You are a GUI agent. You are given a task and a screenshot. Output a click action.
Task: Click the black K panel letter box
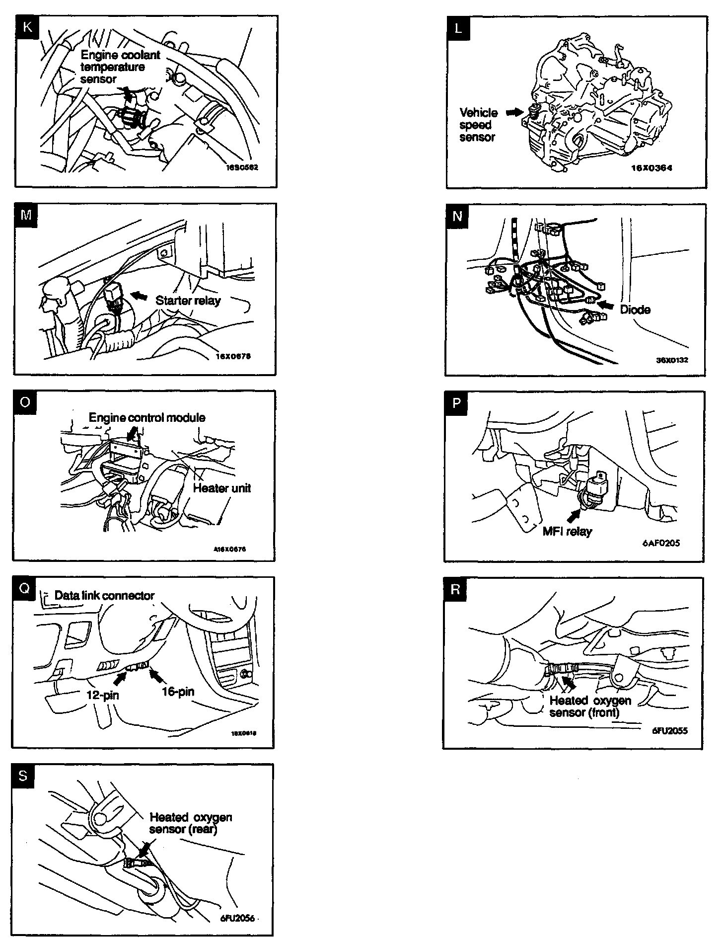tap(27, 27)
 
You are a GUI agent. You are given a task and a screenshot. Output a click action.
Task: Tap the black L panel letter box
tap(458, 28)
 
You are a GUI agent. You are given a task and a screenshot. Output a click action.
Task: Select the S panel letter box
tap(23, 776)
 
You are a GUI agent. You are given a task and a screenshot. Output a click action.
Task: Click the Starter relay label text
tap(188, 301)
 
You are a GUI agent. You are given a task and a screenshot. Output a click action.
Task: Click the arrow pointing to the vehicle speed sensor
tap(514, 113)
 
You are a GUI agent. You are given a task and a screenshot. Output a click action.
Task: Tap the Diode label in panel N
tap(635, 310)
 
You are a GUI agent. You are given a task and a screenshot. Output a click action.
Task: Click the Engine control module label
tap(147, 417)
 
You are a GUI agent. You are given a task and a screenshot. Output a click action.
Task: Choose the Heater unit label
tap(221, 488)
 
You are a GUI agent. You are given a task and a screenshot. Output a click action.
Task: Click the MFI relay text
tap(567, 531)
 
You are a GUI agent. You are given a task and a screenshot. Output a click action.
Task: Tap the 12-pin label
tap(103, 695)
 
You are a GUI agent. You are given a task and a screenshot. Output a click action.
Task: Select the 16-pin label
tap(178, 691)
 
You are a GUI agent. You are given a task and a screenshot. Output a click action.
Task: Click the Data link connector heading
tap(104, 595)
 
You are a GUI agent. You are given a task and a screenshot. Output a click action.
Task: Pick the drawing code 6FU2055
tap(670, 730)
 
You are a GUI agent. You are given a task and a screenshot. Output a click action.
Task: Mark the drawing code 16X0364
tap(651, 168)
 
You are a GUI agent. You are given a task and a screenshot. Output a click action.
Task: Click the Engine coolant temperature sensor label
tap(120, 67)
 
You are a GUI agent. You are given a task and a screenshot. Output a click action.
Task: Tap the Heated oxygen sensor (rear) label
tap(191, 823)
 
